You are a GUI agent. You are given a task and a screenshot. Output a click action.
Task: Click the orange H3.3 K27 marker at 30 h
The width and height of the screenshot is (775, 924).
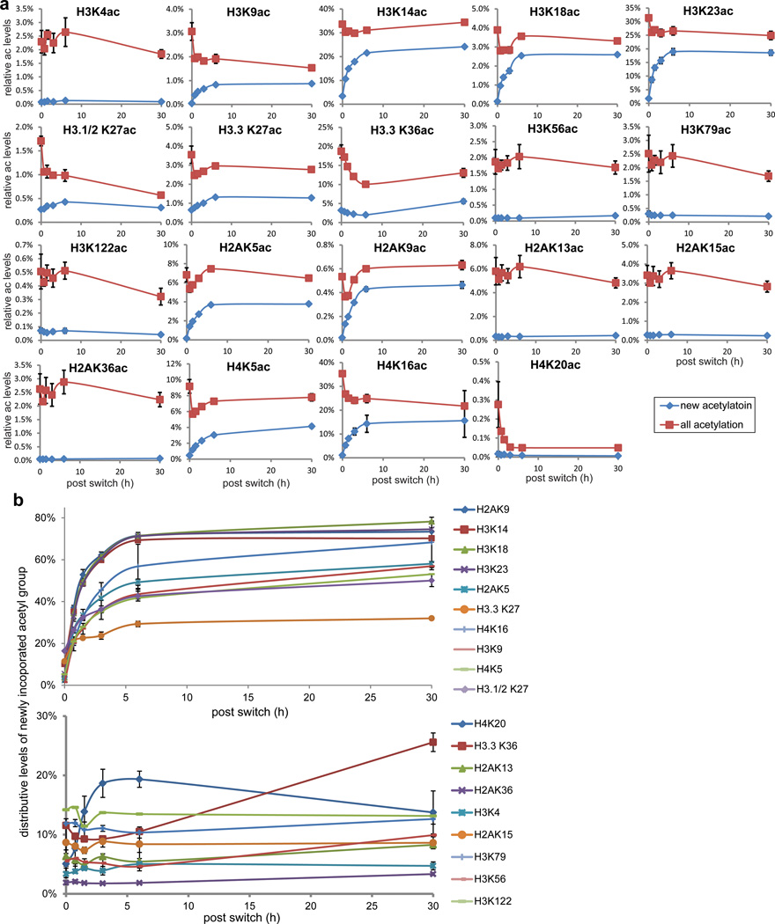click(x=432, y=618)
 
